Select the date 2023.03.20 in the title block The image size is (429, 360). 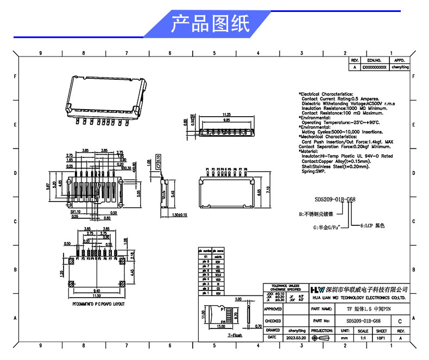tap(296, 338)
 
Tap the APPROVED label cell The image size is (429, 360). tap(273, 309)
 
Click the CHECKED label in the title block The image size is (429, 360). tap(273, 321)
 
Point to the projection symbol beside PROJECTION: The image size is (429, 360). tap(323, 338)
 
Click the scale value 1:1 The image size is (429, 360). tap(363, 338)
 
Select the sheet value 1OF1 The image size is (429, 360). tap(381, 338)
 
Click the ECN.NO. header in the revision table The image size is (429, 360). tap(375, 60)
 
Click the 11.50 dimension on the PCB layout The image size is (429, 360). tap(96, 295)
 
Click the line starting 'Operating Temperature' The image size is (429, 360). tap(340, 123)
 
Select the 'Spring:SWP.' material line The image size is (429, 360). tap(313, 172)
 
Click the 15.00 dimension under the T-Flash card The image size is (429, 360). tap(220, 327)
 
